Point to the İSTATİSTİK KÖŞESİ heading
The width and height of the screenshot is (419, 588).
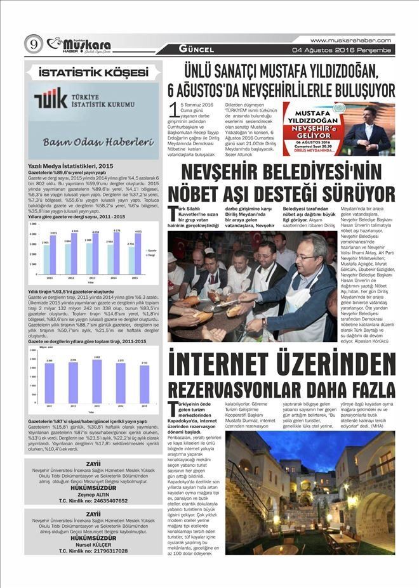tap(93, 72)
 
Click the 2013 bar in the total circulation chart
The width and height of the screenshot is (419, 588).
tap(96, 381)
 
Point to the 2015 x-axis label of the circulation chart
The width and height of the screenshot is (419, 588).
tap(145, 405)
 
